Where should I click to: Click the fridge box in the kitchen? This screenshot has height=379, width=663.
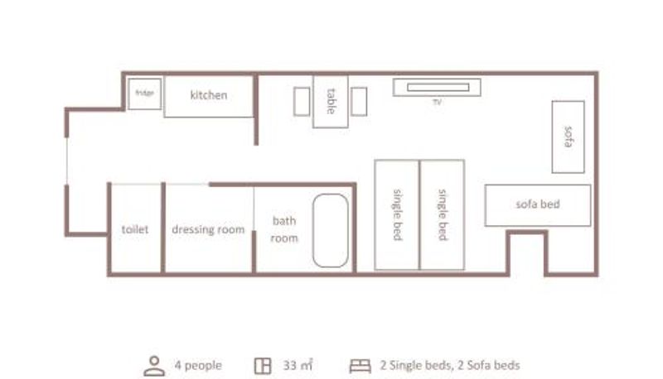pyautogui.click(x=144, y=94)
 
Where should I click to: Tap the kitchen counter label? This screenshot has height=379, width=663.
pyautogui.click(x=209, y=95)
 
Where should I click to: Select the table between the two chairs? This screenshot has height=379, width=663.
pyautogui.click(x=330, y=101)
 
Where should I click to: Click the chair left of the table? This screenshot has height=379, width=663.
pyautogui.click(x=302, y=101)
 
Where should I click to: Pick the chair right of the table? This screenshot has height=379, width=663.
pyautogui.click(x=359, y=101)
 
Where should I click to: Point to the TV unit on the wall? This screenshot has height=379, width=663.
pyautogui.click(x=437, y=88)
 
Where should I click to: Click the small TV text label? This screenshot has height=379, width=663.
pyautogui.click(x=437, y=102)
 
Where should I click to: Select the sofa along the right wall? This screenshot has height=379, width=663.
pyautogui.click(x=568, y=137)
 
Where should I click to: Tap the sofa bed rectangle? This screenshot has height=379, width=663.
pyautogui.click(x=537, y=205)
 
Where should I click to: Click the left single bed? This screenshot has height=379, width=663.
pyautogui.click(x=397, y=215)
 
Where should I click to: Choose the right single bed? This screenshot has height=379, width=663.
pyautogui.click(x=442, y=215)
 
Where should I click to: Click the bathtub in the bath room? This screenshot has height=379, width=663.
pyautogui.click(x=330, y=230)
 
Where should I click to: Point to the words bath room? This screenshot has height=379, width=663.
pyautogui.click(x=284, y=229)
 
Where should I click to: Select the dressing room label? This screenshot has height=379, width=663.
pyautogui.click(x=208, y=229)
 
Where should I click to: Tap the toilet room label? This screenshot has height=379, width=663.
pyautogui.click(x=135, y=229)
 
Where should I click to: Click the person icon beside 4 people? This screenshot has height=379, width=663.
pyautogui.click(x=154, y=366)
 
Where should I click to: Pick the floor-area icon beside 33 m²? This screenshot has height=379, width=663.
pyautogui.click(x=263, y=366)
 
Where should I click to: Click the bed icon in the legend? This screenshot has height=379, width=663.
pyautogui.click(x=360, y=366)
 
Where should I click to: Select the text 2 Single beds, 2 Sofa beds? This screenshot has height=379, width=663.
pyautogui.click(x=450, y=365)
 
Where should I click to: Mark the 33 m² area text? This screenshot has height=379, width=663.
pyautogui.click(x=298, y=365)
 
